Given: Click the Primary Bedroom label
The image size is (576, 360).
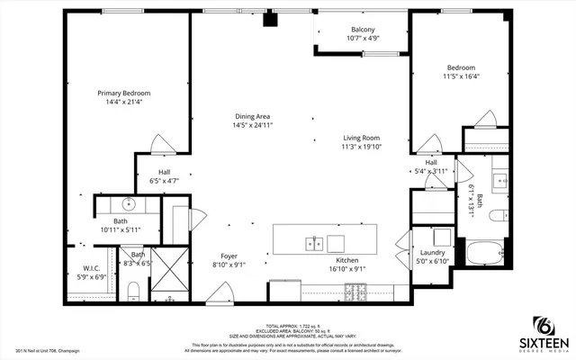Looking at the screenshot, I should (124, 93).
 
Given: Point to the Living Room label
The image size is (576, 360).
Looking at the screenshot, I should (361, 138).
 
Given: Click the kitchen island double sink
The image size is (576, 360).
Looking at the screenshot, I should (314, 243).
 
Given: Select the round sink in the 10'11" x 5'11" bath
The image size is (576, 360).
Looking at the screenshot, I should (130, 203).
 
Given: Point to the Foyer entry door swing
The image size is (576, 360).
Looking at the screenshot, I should (217, 292).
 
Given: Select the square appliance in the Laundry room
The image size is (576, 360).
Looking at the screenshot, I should (440, 237).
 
